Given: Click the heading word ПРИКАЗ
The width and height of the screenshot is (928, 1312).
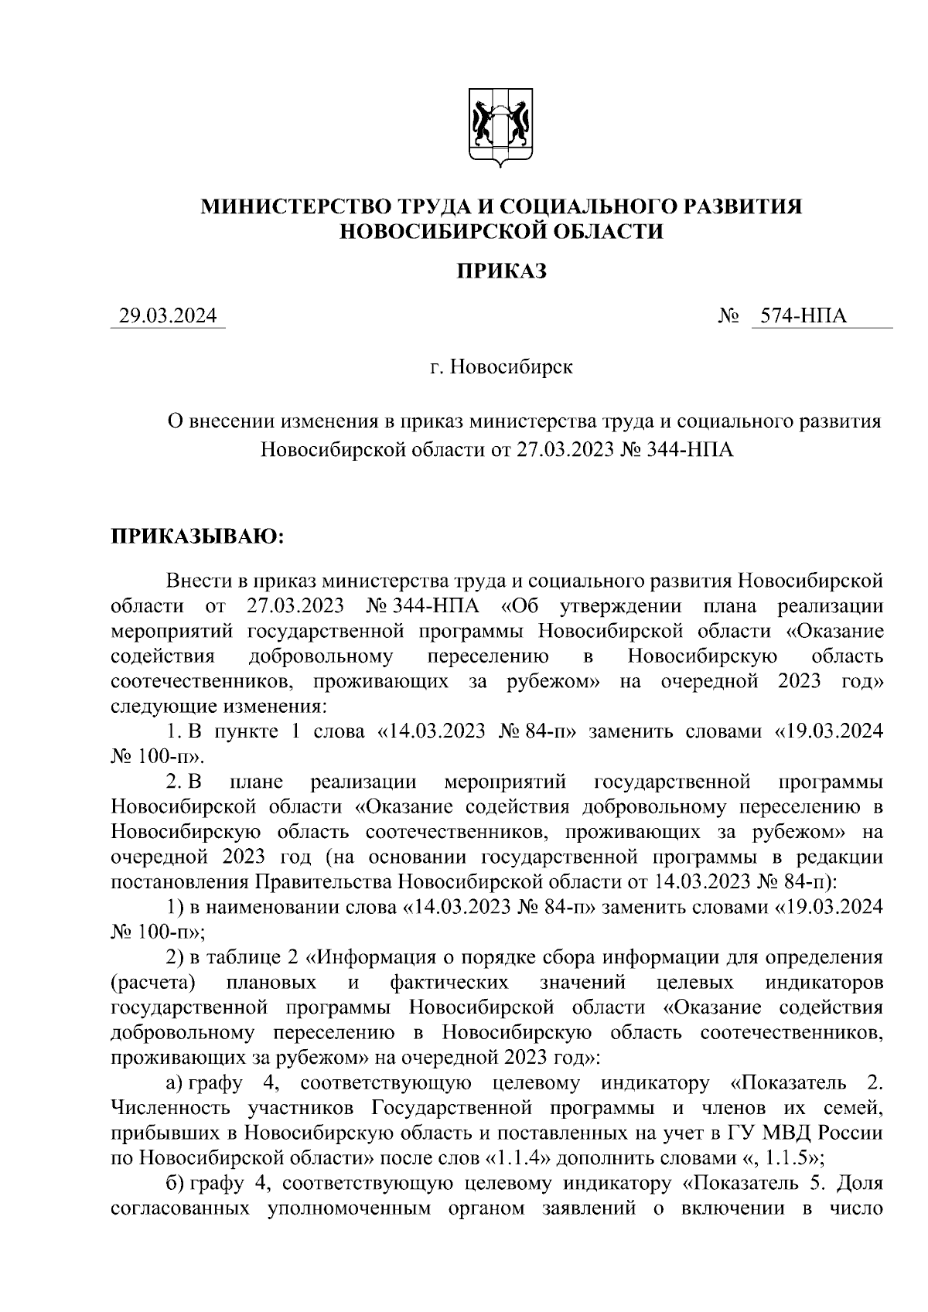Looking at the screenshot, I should [500, 271].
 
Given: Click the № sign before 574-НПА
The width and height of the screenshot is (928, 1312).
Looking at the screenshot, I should [728, 316].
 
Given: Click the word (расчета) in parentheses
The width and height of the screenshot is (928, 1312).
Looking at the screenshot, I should [152, 983].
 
